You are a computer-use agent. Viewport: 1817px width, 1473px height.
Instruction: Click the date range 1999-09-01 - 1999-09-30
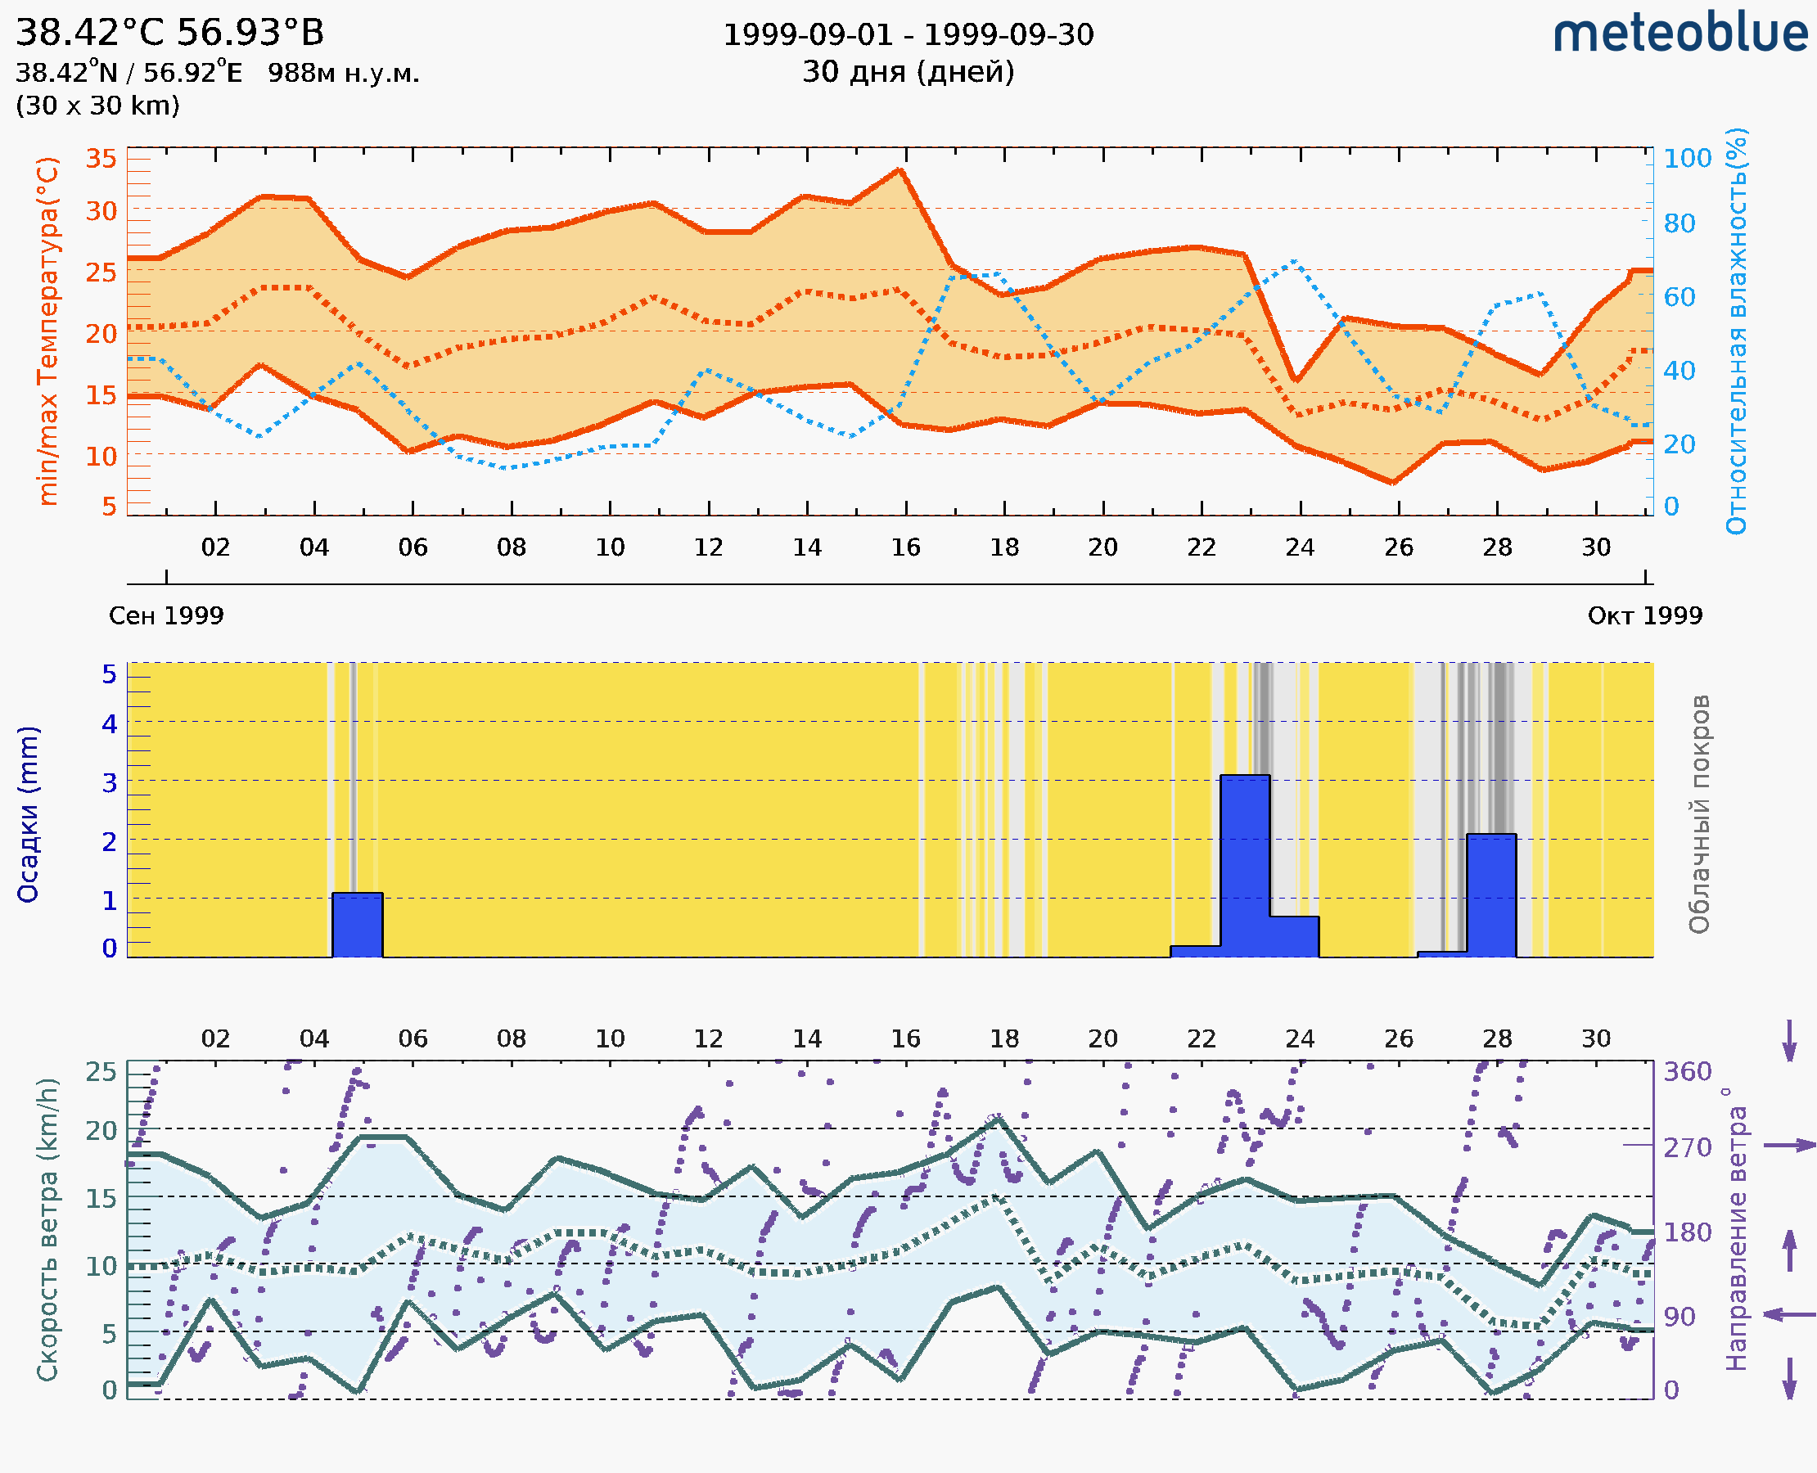coord(908,35)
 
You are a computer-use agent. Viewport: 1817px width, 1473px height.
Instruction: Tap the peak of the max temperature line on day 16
coord(899,170)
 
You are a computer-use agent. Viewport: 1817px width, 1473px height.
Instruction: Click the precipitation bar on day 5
coord(358,925)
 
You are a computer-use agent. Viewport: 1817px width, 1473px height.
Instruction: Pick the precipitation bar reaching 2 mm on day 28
coord(1491,895)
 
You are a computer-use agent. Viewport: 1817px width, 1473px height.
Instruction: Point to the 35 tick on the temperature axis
coord(101,159)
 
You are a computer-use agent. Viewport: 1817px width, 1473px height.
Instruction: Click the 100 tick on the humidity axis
coord(1687,159)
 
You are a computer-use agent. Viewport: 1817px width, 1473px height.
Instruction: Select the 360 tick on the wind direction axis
coord(1687,1072)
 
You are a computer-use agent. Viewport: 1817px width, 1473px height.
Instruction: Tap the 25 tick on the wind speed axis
coord(101,1072)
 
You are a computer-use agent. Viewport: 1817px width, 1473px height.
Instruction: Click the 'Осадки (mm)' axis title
coord(28,814)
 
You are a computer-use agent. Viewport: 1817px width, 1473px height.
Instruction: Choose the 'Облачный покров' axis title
coord(1699,814)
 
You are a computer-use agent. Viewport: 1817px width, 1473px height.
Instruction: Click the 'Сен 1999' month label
coord(166,616)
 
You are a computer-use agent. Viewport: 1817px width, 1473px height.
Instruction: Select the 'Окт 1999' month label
coord(1645,616)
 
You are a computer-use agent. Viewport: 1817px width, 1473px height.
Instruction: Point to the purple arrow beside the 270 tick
coord(1789,1146)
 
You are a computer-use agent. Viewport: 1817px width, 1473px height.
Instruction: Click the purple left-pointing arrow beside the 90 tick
coord(1789,1315)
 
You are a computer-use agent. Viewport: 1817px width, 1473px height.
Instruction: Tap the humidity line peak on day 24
coord(1293,262)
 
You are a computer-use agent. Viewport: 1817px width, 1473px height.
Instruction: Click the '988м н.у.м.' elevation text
coord(344,74)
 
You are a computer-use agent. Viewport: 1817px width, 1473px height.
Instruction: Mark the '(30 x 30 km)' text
coord(97,106)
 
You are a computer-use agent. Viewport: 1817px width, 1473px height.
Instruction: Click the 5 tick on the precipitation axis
coord(110,674)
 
